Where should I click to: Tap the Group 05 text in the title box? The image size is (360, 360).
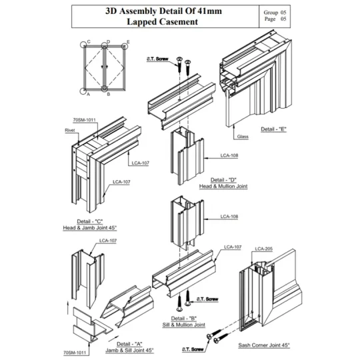pos(275,13)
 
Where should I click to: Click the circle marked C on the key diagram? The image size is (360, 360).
pos(83,45)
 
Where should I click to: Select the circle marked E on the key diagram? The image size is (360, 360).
pos(125,47)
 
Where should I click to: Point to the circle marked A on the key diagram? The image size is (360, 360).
pos(83,91)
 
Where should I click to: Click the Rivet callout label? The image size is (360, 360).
pos(70,131)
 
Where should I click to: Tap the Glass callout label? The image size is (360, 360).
pos(243,137)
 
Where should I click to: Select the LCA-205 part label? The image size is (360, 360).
pos(264,249)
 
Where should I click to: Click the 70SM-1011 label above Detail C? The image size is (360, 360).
pos(84,120)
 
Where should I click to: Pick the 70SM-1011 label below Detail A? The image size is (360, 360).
pos(75,353)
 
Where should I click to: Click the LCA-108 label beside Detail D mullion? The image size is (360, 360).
pos(229,155)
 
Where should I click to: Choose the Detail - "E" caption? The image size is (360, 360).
pos(273,129)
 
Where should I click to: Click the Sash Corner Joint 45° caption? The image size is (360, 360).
pos(264,345)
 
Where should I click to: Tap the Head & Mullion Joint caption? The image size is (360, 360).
pos(223,186)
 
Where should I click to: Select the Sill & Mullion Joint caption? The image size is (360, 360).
pos(184,325)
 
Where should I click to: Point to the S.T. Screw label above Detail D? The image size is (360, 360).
pos(157,59)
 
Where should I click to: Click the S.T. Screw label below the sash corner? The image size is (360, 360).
pos(193,349)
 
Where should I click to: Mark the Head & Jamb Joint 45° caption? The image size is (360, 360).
pos(90,228)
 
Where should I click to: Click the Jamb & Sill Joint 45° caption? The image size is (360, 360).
pos(129,351)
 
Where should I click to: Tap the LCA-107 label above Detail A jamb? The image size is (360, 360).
pos(108,241)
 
